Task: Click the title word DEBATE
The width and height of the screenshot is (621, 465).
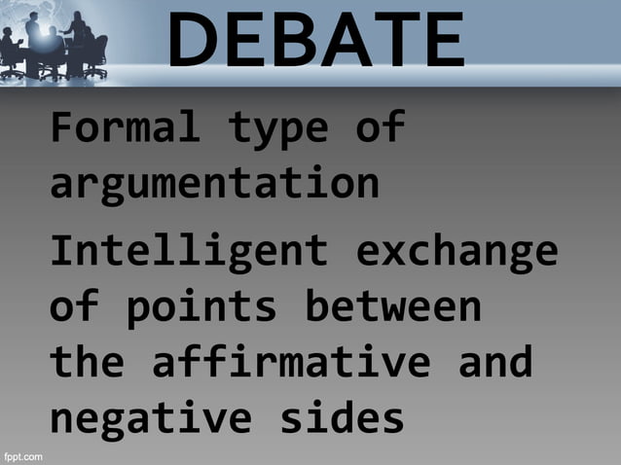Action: pos(316,41)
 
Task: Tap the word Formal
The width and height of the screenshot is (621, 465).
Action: pos(125,127)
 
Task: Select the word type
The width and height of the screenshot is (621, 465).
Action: pos(278,127)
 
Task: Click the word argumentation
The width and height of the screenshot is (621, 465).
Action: pos(214,183)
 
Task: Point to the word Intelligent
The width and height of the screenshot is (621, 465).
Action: pos(189,251)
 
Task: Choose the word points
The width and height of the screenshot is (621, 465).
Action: pos(201,307)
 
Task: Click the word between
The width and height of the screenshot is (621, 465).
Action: pos(393,307)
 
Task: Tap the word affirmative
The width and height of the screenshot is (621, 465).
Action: pos(290,363)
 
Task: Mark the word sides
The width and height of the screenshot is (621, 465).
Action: pos(342,419)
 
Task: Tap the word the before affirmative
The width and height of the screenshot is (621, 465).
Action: pos(87,363)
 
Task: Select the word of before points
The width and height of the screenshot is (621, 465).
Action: pos(74,307)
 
